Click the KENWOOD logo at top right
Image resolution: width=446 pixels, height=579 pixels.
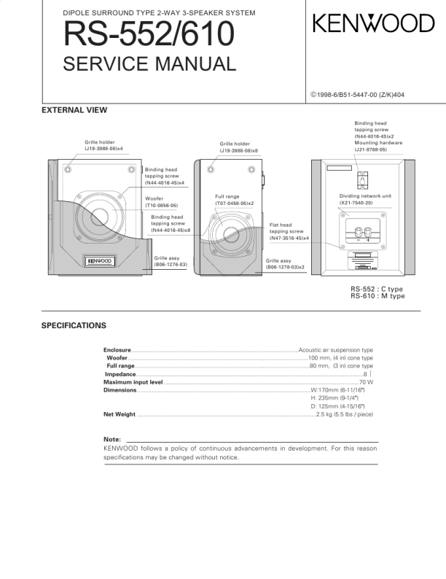pos(373,24)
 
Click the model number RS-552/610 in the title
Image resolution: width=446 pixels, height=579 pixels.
pos(149,33)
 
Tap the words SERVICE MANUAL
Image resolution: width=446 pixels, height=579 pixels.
pos(150,64)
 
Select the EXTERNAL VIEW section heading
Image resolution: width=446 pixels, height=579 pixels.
pos(74,111)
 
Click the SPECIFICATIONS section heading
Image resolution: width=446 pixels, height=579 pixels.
pos(74,325)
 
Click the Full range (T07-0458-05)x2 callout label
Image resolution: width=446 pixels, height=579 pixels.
pos(234,201)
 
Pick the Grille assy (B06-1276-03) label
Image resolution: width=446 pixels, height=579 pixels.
pos(171,261)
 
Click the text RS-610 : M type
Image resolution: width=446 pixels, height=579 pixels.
pos(377,295)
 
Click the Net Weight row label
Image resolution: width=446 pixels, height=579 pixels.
pos(120,414)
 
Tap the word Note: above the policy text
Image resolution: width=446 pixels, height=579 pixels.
pos(112,439)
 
